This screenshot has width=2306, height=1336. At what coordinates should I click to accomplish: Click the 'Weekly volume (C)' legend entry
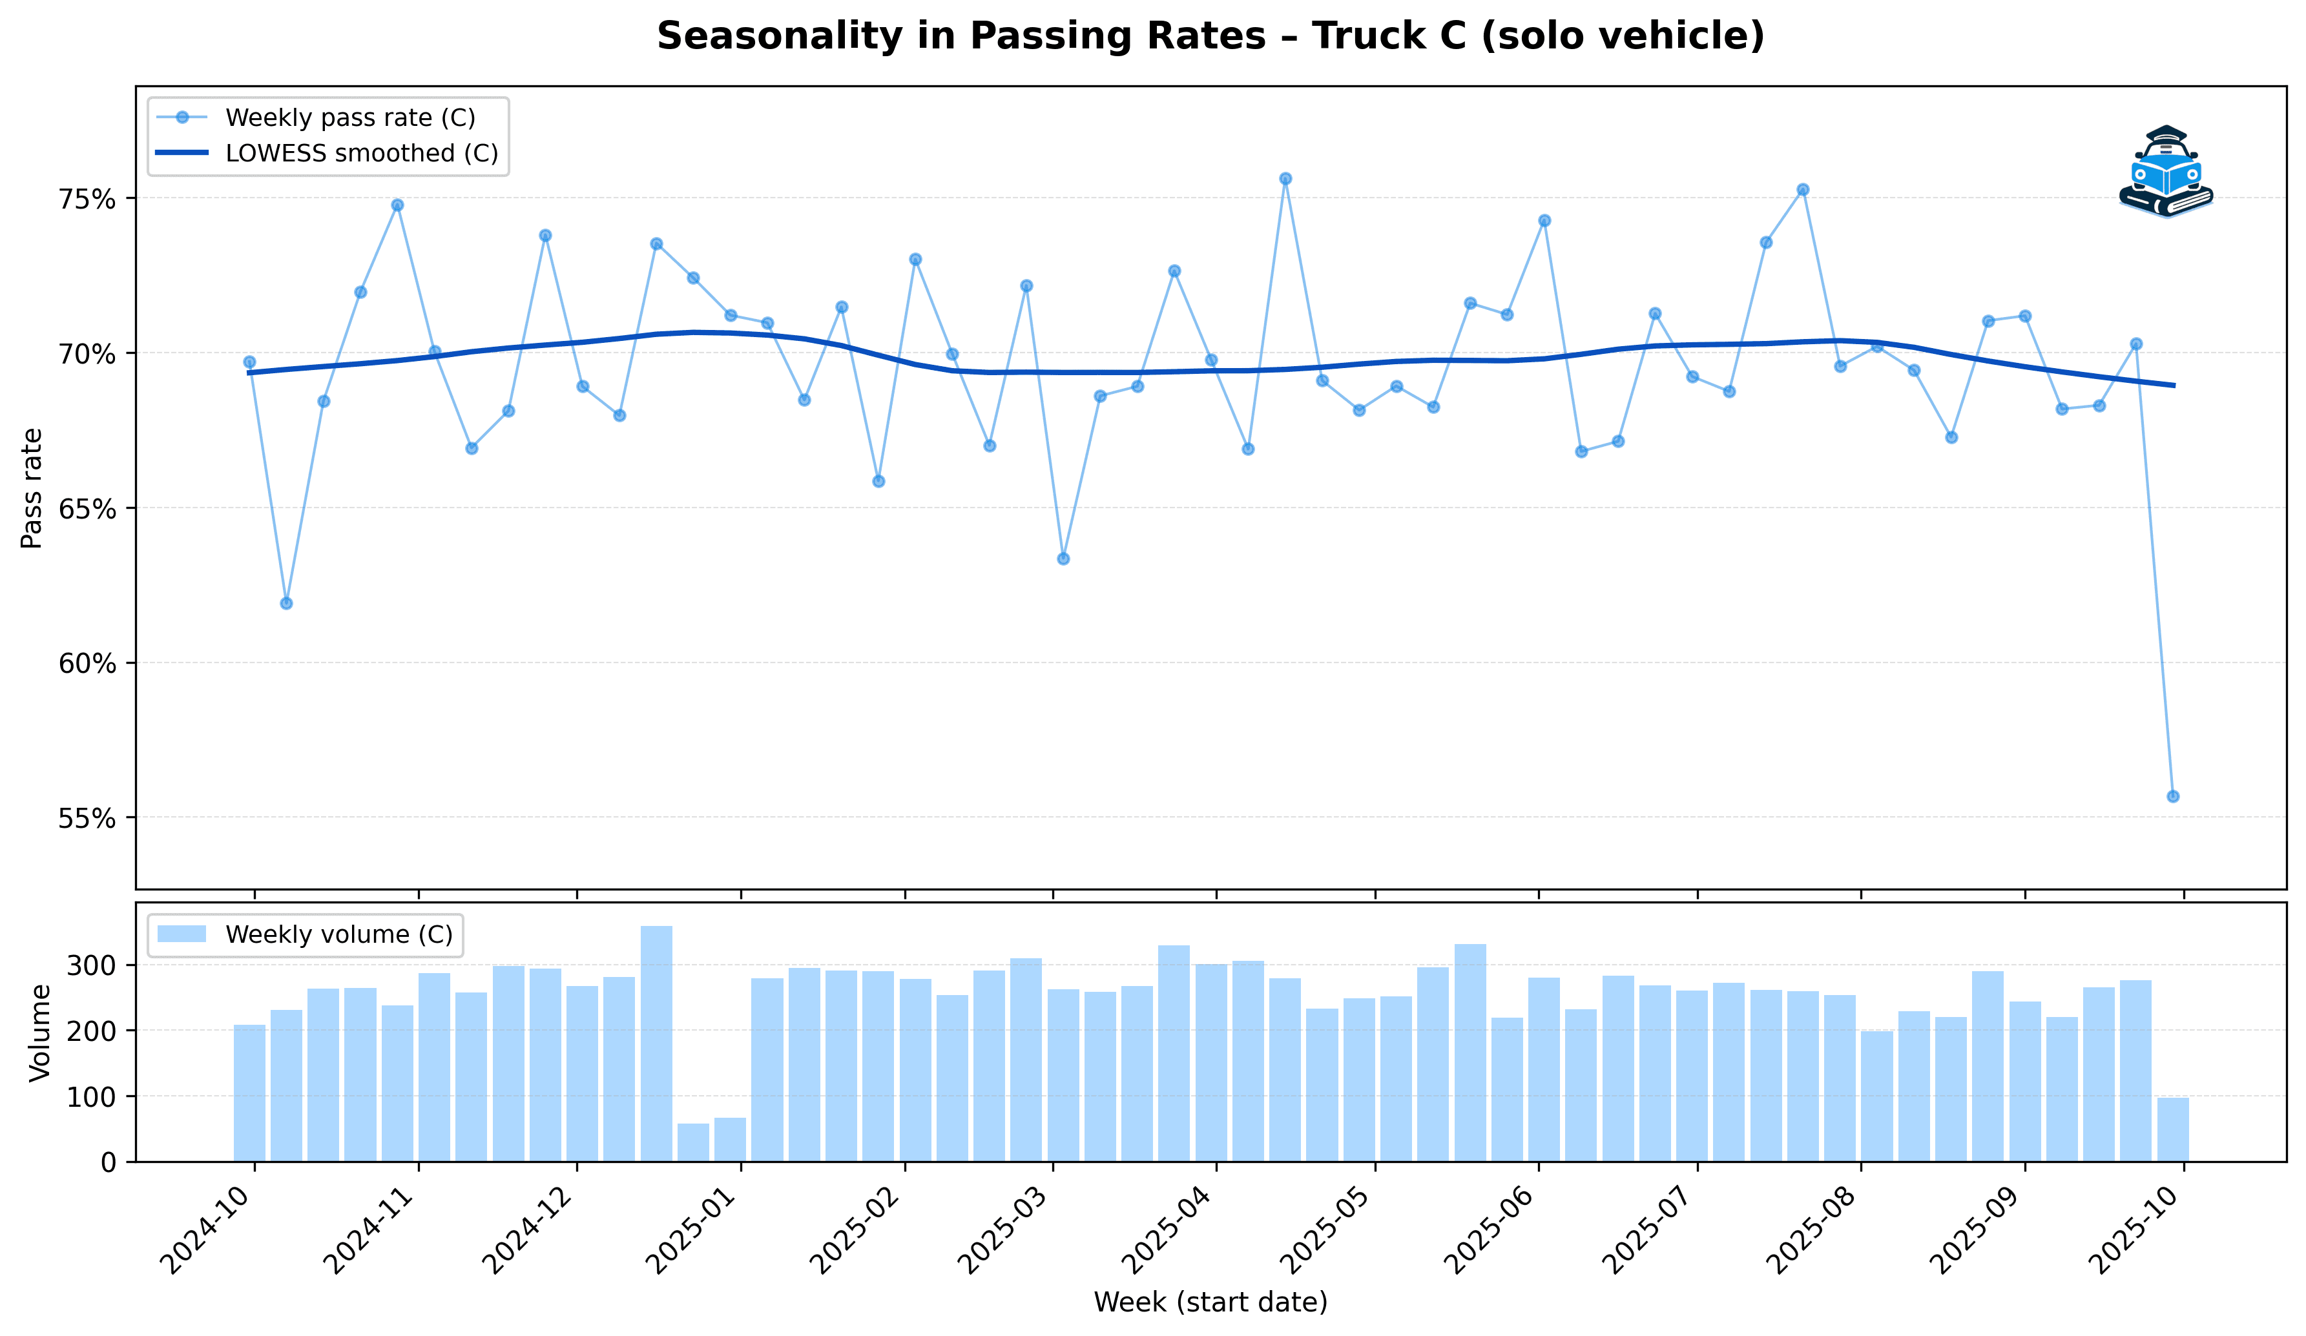[x=338, y=934]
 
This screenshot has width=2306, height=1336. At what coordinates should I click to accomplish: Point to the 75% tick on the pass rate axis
[x=87, y=200]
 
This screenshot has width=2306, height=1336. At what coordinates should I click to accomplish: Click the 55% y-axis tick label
[x=87, y=818]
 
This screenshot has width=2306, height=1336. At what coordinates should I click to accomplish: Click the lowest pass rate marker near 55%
[x=2172, y=796]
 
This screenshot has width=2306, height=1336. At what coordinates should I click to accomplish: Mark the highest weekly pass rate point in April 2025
[x=1285, y=178]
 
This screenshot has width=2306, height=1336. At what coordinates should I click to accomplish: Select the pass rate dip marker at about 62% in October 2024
[x=286, y=603]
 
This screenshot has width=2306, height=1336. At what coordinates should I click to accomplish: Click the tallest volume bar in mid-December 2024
[x=656, y=1043]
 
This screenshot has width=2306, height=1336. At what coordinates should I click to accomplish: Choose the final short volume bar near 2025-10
[x=2172, y=1129]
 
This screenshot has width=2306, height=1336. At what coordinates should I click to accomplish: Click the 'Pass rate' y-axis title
[x=32, y=488]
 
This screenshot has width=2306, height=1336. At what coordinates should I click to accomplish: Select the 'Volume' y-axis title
[x=39, y=1033]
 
